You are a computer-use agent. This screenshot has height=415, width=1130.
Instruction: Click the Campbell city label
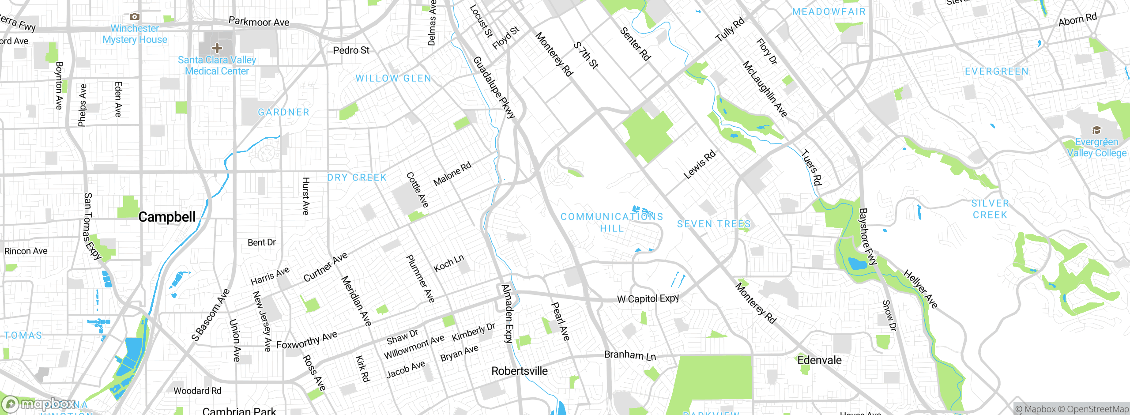coord(167,217)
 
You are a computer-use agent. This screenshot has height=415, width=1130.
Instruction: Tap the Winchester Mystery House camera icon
coord(135,17)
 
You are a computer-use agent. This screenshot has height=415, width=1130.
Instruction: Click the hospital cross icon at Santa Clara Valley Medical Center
coord(217,48)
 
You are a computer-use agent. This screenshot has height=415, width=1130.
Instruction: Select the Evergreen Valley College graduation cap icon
coord(1096,130)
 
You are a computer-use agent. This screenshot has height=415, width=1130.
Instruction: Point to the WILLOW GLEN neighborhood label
coord(393,79)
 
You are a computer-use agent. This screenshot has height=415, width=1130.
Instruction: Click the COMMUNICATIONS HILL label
coord(612,222)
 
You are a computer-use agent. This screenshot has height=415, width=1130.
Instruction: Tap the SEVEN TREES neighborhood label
coord(713,224)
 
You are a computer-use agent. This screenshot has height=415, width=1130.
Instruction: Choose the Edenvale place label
coord(819,360)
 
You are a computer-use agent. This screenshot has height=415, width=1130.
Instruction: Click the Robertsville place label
coord(520,371)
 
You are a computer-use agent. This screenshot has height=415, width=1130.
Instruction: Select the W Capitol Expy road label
coord(648,299)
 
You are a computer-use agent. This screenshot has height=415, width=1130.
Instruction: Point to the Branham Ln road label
coord(630,355)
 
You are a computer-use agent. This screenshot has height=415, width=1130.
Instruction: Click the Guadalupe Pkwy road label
coord(494,87)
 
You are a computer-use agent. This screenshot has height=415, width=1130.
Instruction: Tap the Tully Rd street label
coord(730,30)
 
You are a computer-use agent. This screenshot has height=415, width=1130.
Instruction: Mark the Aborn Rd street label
coord(1077,19)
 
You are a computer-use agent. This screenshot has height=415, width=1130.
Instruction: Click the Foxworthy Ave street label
coord(307,340)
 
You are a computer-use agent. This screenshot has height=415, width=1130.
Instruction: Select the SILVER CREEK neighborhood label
coord(990,209)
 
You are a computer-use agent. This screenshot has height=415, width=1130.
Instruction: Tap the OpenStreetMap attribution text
coord(1097,409)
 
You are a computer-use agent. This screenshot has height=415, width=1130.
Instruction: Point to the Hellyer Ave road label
coord(920,289)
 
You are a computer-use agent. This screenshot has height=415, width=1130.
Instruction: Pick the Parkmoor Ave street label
coord(259,22)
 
